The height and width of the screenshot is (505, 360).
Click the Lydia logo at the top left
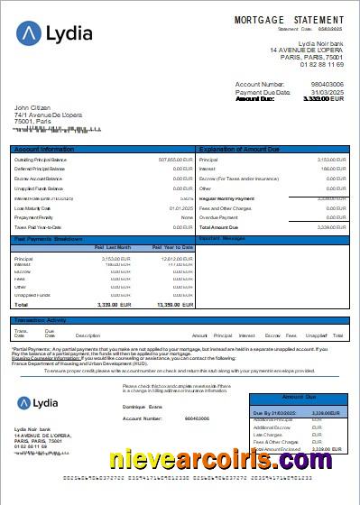click(54, 34)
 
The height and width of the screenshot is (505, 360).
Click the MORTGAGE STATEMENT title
click(289, 19)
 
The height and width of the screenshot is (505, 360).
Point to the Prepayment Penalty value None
click(187, 217)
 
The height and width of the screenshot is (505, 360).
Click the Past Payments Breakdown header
click(50, 239)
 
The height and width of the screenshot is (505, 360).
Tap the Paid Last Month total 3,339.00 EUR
click(115, 305)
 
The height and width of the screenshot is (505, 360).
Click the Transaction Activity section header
click(40, 319)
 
